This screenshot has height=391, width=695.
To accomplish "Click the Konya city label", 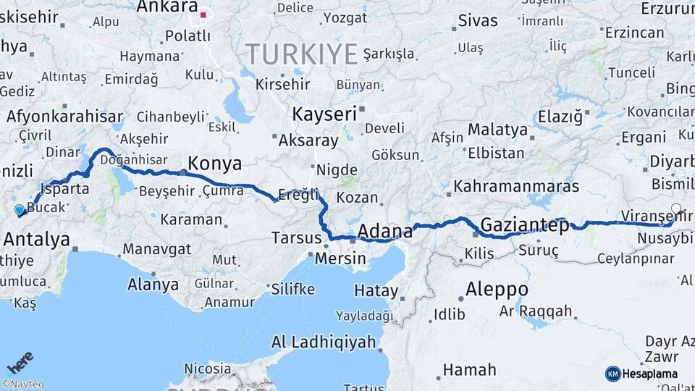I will point(214,163).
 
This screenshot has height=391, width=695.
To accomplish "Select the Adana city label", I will point(385,232).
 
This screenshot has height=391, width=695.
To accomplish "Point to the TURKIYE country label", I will point(302,54).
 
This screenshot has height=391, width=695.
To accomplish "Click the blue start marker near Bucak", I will point(20,210).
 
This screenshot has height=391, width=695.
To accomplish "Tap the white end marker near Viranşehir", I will point(676,209).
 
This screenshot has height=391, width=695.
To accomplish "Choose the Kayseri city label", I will point(325,114).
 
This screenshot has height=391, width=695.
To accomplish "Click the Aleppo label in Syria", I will point(497,290).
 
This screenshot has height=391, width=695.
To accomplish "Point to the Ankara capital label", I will point(167,7).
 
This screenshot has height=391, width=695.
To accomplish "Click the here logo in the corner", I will point(20,360).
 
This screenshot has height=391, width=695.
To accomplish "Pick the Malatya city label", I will point(497,130).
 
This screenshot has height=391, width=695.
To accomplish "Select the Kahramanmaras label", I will point(516,186).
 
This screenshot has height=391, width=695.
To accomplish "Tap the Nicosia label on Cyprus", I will point(208,369).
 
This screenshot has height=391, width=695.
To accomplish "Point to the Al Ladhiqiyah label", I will point(324,342).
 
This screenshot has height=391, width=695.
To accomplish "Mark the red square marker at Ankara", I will point(204,14).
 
